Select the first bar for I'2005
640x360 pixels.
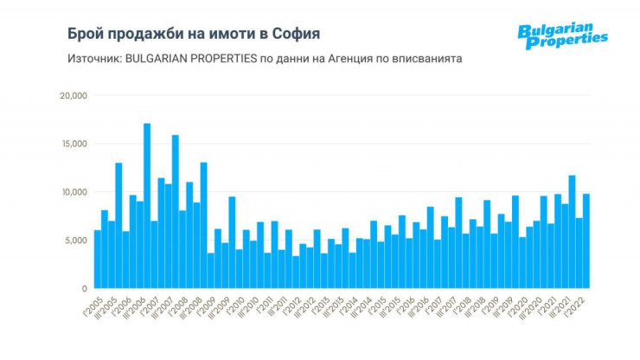[98, 259]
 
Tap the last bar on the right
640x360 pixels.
[586, 241]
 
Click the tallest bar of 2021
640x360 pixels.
[572, 232]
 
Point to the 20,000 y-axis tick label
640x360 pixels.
[73, 95]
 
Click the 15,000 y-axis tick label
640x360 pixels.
[73, 144]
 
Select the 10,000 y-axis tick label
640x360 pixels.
[73, 192]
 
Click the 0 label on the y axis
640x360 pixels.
[84, 288]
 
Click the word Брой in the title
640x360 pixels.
[86, 34]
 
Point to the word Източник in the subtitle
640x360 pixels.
[90, 59]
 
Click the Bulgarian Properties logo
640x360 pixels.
[561, 36]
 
